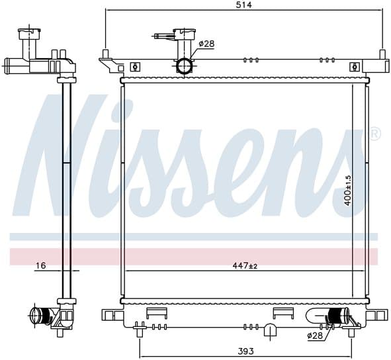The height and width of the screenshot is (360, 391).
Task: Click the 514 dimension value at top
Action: [x=243, y=5]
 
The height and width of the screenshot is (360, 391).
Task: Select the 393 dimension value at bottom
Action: [x=245, y=351]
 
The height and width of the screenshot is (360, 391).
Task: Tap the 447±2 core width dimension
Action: [x=245, y=265]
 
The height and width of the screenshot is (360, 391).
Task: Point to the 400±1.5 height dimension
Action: [x=347, y=191]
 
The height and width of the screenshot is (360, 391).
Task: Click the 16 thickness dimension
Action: [x=40, y=265]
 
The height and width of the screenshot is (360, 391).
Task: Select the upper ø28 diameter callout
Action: [x=206, y=44]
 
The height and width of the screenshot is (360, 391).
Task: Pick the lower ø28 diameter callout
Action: [x=315, y=336]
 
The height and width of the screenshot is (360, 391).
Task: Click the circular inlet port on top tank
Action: [x=185, y=66]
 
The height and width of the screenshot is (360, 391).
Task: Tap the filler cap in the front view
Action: [x=185, y=34]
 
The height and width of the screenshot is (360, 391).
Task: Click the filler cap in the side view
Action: [x=29, y=34]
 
